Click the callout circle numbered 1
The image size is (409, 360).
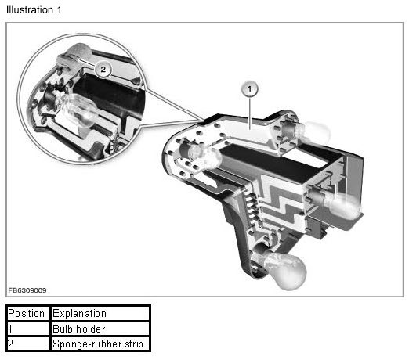(250, 89)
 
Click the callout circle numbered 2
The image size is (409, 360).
(103, 69)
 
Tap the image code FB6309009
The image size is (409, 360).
(27, 290)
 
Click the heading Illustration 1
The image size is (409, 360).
(34, 10)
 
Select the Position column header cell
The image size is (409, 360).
(27, 313)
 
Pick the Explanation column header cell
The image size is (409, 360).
(100, 313)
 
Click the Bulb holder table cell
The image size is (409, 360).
(100, 329)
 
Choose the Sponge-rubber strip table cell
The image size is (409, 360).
(100, 344)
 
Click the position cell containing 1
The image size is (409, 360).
(27, 329)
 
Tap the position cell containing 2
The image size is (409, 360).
(27, 344)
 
